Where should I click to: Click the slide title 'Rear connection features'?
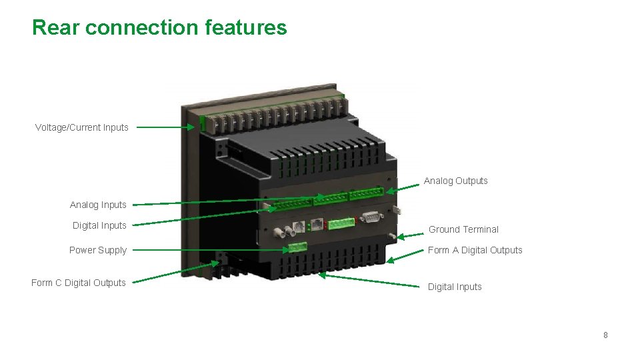point(159,27)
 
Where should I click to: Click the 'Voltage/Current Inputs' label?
point(81,127)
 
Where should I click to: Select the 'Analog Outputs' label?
point(455,181)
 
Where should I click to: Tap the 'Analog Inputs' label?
point(98,205)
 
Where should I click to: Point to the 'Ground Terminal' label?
point(463,229)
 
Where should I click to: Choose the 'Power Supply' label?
point(97,250)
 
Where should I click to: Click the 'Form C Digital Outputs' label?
point(78,283)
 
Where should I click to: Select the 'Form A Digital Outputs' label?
point(475,250)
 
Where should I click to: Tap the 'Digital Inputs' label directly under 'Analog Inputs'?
point(99,225)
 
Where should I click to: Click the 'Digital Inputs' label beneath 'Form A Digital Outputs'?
point(455,287)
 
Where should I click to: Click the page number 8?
point(605,335)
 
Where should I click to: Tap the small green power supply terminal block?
point(297,247)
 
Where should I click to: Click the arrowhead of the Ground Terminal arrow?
point(400,236)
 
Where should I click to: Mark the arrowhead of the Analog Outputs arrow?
point(390,191)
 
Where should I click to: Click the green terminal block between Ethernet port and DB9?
point(341,223)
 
